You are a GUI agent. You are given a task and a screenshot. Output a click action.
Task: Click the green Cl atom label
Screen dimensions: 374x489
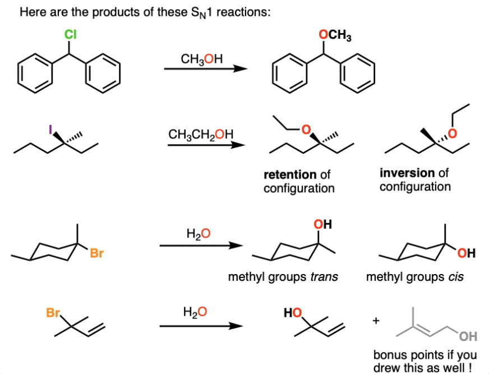point(70,35)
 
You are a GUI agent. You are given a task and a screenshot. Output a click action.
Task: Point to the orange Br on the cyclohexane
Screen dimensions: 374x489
point(96,254)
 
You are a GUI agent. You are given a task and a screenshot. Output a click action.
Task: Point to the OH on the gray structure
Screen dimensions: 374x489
point(468,337)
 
